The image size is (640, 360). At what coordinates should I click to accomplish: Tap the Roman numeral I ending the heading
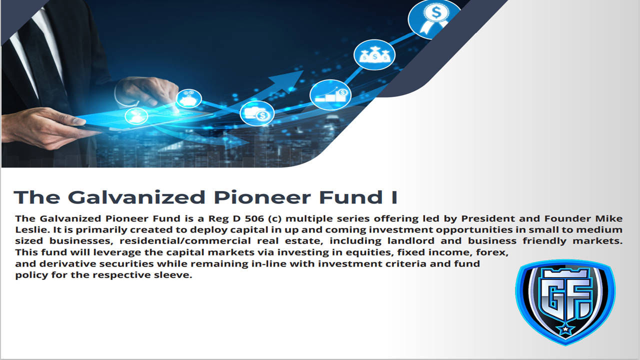click(394, 197)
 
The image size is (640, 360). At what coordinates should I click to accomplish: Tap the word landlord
click(411, 241)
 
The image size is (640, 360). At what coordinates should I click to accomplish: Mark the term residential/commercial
click(185, 241)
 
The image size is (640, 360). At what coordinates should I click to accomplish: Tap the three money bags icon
click(374, 54)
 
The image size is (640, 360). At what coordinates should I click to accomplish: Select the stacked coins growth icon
click(330, 95)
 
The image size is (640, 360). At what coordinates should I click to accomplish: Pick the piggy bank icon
click(188, 98)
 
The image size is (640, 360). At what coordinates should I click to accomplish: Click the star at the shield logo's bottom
click(565, 329)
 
